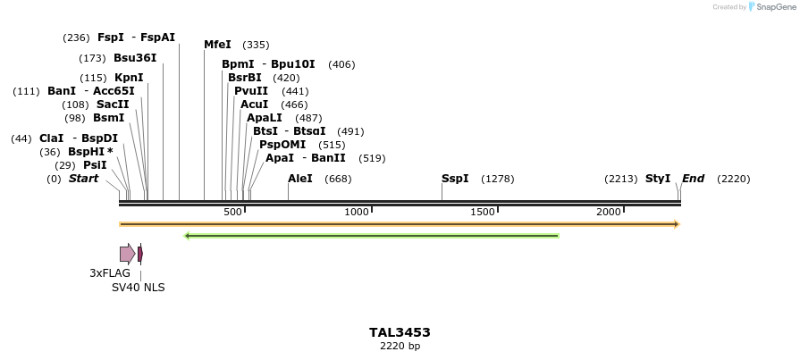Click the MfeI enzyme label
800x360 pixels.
[217, 45]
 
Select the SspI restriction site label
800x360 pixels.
[455, 179]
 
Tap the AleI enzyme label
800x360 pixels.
[300, 179]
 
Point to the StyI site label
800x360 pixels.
[658, 179]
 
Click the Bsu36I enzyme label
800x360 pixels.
[135, 58]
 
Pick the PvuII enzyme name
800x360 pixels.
[251, 91]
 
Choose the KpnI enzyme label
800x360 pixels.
[129, 78]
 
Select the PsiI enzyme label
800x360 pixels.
[95, 165]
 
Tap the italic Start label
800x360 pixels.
[83, 179]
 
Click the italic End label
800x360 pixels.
[693, 179]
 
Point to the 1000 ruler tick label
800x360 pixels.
[357, 212]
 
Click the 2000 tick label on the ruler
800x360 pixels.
[608, 212]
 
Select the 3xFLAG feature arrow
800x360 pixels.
[127, 254]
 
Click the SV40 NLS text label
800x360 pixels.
[138, 288]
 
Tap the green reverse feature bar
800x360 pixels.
[371, 236]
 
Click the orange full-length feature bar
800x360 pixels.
[400, 223]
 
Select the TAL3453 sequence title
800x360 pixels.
[400, 332]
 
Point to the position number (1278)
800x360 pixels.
[497, 180]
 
